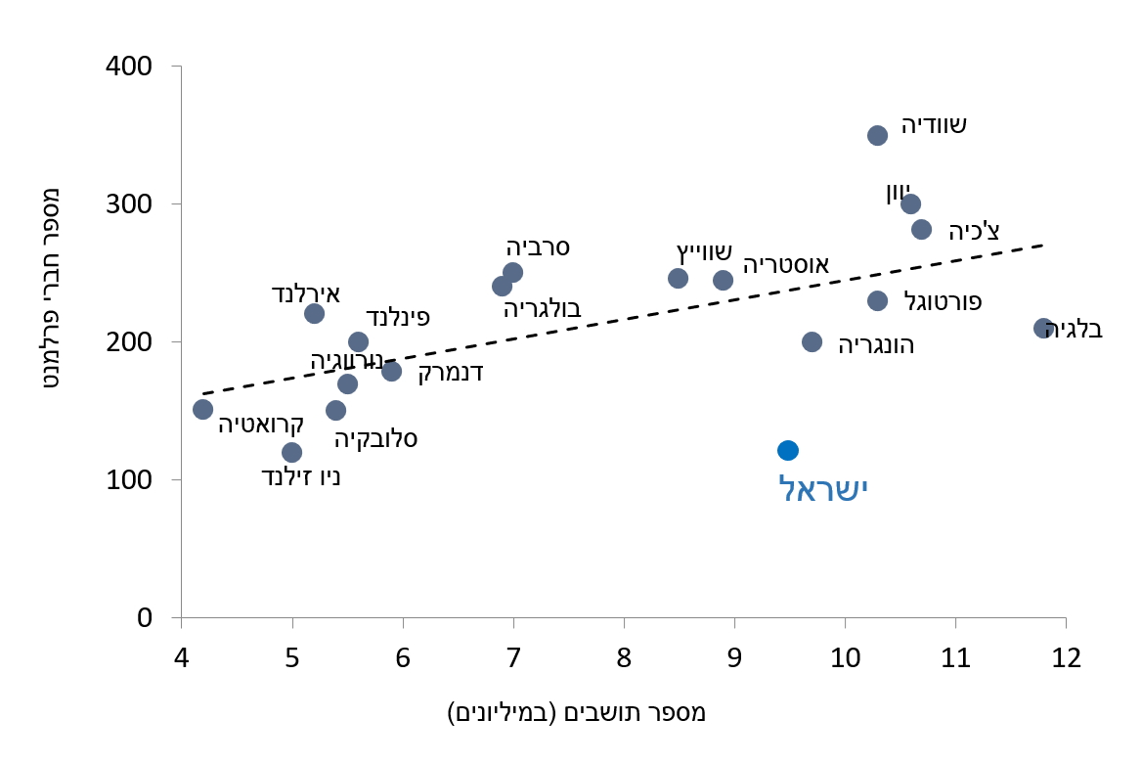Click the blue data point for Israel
pos(788,450)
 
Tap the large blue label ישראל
pos(823,488)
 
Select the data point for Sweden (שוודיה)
pos(877,135)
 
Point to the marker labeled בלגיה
pos(1043,328)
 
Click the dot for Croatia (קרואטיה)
pos(202,409)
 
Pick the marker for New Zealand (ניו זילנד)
pos(291,452)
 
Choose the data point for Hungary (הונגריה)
pos(812,341)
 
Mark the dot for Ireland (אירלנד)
pos(314,313)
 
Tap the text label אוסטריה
pos(786,265)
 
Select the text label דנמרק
pos(451,373)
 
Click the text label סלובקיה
pos(376,438)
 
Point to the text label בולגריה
pos(543,309)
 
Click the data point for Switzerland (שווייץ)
pos(678,278)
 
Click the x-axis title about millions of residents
pos(577,712)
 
